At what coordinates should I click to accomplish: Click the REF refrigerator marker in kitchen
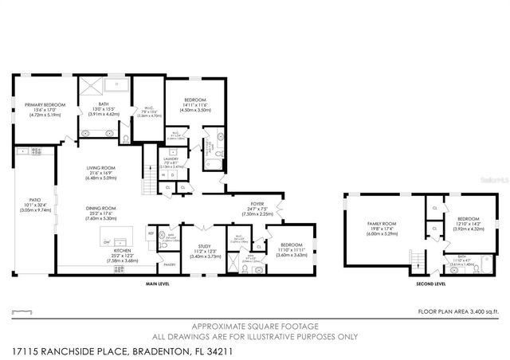click(x=151, y=233)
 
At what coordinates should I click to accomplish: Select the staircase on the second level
click(x=414, y=260)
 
